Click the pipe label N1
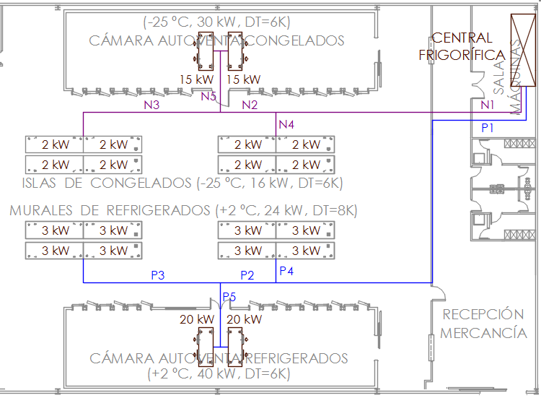(x=487, y=104)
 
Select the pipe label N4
(x=286, y=124)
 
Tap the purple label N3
(x=151, y=105)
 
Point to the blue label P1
(x=487, y=128)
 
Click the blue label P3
(x=158, y=275)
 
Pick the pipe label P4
(x=286, y=271)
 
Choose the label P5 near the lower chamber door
(x=229, y=297)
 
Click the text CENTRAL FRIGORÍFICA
(x=462, y=46)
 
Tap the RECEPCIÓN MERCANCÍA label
(x=483, y=324)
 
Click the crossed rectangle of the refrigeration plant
(x=523, y=50)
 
